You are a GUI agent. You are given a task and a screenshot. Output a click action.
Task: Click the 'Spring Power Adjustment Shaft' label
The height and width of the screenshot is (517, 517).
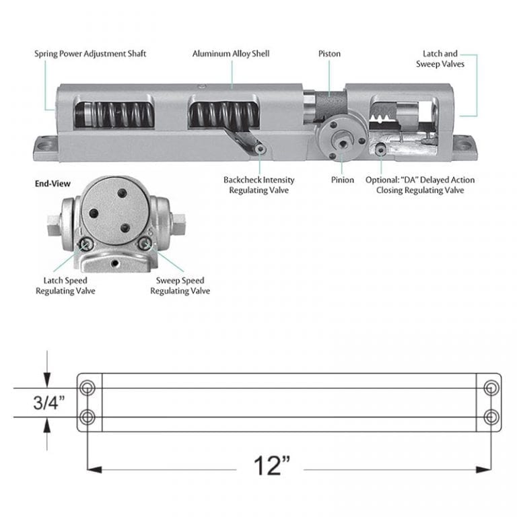(90, 53)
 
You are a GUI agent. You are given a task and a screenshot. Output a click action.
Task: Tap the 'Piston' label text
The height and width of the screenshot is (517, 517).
(329, 53)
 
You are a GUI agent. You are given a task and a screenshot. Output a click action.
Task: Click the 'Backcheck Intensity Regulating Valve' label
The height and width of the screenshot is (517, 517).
(258, 185)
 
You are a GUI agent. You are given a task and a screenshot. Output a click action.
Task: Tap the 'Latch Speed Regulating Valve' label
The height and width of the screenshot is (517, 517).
(65, 285)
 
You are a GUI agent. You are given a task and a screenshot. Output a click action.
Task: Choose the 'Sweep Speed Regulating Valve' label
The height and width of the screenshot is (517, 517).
(180, 285)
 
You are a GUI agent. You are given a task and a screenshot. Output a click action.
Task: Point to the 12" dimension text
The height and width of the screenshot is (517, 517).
(272, 465)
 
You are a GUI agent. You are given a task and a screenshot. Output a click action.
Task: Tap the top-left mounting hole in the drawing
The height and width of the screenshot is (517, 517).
(88, 388)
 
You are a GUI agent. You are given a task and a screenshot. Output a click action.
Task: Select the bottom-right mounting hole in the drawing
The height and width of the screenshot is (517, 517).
(492, 417)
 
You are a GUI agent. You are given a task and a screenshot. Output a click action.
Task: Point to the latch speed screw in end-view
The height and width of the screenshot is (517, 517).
(85, 244)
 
